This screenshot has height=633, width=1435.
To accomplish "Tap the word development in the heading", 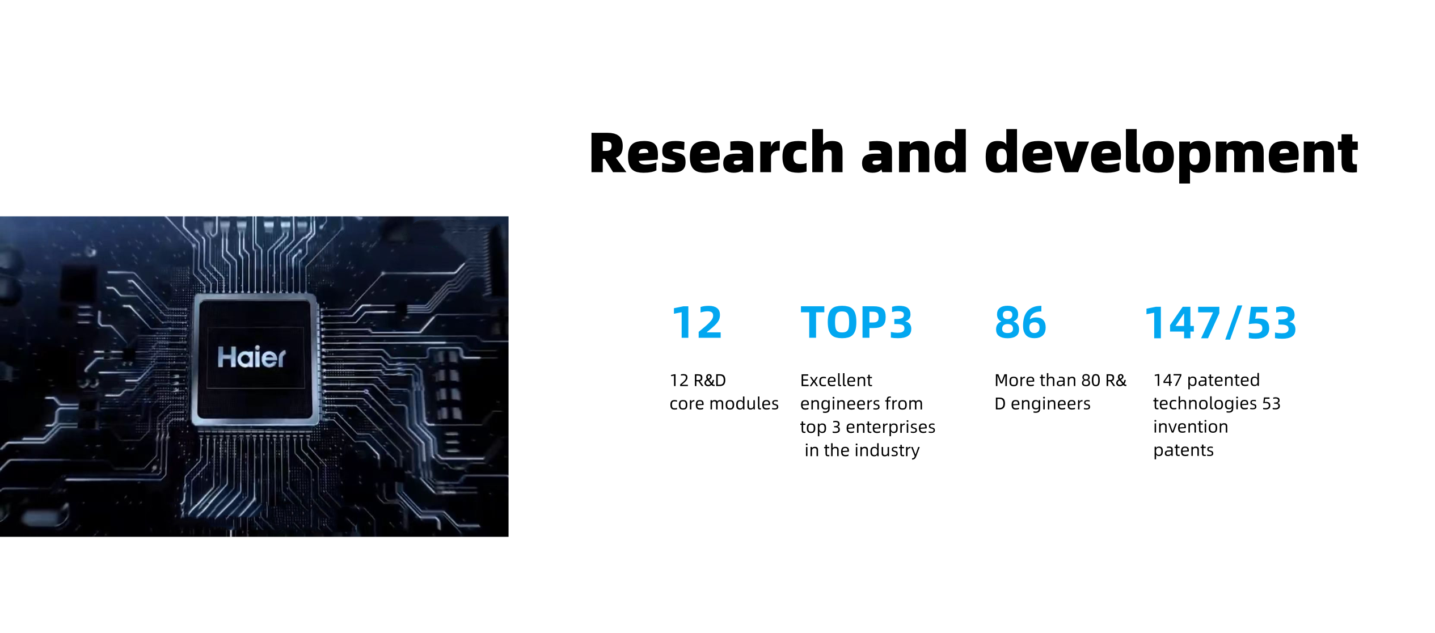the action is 1171,154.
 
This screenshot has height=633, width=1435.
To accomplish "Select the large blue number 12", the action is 697,322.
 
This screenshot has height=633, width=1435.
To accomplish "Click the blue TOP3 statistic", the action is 856,322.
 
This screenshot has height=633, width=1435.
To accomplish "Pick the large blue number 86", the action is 1020,322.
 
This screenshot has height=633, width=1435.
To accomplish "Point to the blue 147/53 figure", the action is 1221,323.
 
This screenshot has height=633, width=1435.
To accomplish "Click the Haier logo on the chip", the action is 252,357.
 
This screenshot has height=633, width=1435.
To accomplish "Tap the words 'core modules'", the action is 724,403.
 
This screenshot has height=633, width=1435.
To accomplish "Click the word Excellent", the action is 836,380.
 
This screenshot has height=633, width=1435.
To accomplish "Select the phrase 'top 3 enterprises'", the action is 868,427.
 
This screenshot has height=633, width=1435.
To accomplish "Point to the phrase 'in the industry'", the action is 862,450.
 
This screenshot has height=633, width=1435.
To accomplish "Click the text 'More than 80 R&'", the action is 1061,380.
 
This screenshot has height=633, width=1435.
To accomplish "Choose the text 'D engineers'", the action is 1043,404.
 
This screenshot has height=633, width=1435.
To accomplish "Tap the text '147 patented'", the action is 1206,380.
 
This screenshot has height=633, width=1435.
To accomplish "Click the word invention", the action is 1191,427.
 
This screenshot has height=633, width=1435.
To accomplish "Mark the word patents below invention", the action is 1184,450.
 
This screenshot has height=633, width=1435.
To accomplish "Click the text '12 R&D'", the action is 698,380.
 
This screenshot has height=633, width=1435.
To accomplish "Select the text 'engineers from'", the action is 862,404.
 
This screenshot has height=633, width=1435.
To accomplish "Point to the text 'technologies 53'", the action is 1217,403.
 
